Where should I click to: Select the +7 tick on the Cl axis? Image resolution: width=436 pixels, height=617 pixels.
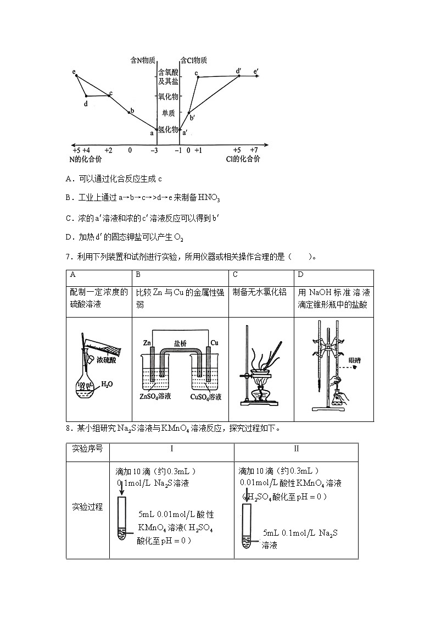click(x=254, y=149)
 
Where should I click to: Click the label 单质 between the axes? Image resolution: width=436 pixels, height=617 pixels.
click(x=168, y=113)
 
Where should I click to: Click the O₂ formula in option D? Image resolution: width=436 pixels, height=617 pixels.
click(x=178, y=238)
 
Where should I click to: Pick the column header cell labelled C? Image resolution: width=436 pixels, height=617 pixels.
click(x=235, y=274)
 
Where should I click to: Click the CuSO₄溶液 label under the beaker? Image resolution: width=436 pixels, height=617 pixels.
click(x=205, y=396)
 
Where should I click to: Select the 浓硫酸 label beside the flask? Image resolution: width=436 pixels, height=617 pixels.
click(x=106, y=360)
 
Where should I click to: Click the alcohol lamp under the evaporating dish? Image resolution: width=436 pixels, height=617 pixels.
click(x=261, y=394)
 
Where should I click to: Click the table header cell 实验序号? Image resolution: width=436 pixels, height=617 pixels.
click(x=87, y=449)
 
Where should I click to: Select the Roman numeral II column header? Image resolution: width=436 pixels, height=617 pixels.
click(x=296, y=449)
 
